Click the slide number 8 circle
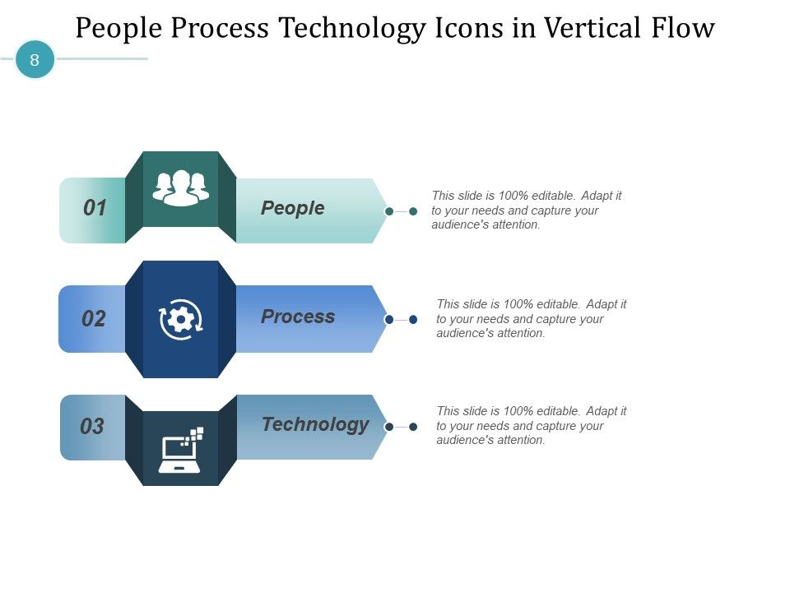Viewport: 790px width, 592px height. [35, 60]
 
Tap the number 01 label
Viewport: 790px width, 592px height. [95, 209]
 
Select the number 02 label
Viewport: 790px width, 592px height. [94, 319]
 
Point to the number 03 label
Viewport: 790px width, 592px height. [92, 427]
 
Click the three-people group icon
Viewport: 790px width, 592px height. [181, 188]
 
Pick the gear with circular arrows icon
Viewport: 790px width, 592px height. [181, 319]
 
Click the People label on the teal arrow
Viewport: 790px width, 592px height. [293, 208]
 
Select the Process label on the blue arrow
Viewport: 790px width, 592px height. [298, 317]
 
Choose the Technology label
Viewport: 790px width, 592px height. [315, 424]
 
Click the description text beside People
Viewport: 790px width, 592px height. [527, 210]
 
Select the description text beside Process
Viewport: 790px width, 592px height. [532, 318]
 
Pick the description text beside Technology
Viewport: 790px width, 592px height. [532, 425]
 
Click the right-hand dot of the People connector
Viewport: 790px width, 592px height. [413, 211]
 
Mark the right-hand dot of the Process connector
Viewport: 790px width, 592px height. [413, 319]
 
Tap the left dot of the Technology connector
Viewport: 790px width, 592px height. [389, 427]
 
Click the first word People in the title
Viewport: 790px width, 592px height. [118, 29]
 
